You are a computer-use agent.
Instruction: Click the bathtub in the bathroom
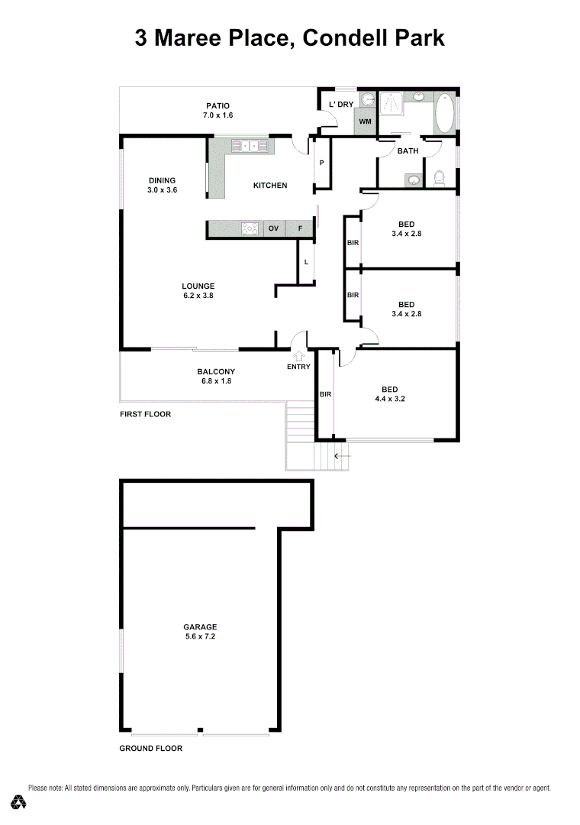tap(445, 112)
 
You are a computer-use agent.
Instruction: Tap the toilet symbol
tap(439, 179)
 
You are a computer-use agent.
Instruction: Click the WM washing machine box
tap(365, 121)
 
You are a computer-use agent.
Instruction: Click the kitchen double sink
tap(249, 144)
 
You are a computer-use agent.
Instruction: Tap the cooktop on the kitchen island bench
tap(249, 228)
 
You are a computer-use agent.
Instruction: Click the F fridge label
tap(300, 228)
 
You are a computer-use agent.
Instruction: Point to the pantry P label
tap(321, 163)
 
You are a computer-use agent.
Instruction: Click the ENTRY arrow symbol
tap(299, 354)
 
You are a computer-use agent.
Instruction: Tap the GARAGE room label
tap(200, 626)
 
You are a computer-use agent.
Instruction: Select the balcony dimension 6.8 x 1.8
tap(216, 380)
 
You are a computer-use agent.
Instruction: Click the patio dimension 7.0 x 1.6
tap(217, 115)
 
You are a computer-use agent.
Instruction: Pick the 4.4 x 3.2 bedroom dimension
tap(389, 399)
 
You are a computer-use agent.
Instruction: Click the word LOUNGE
tap(198, 286)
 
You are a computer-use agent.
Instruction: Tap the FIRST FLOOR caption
tap(145, 414)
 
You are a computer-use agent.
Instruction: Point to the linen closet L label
tap(306, 262)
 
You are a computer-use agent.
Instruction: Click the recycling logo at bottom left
tap(19, 801)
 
